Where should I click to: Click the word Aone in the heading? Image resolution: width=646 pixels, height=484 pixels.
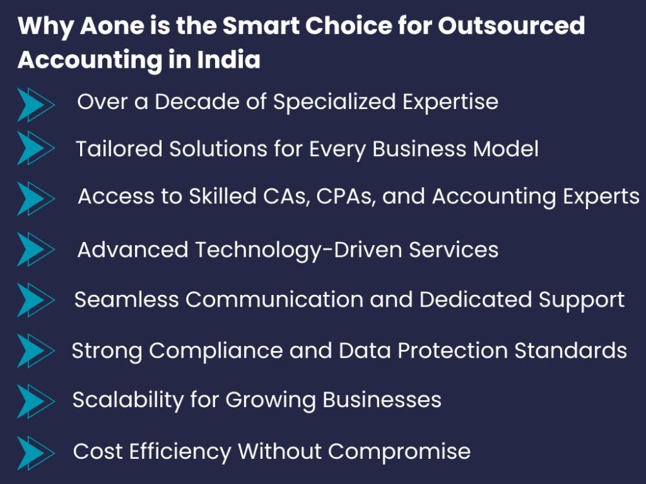coord(112,26)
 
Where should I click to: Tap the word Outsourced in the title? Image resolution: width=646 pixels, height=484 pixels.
coord(511,26)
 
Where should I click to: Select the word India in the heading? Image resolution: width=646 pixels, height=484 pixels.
coord(229,59)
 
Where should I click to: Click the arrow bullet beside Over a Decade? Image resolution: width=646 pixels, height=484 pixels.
coord(36,105)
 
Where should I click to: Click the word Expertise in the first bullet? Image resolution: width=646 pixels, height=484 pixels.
coord(450,103)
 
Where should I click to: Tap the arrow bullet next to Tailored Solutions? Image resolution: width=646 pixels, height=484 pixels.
coord(36,148)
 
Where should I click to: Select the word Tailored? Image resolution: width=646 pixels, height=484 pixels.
coord(120,148)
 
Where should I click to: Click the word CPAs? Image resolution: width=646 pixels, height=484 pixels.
coord(346,196)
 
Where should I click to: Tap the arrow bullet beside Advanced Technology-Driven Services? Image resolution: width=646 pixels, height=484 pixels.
coord(36,248)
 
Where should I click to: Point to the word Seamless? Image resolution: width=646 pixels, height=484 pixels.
coord(127,299)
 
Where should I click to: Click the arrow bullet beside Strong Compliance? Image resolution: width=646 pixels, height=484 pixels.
coord(36,350)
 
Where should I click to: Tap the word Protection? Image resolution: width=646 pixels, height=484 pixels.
coord(452,350)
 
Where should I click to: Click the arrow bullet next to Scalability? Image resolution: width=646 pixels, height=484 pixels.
coord(36,401)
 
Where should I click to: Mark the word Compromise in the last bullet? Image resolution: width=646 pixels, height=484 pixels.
coord(399,452)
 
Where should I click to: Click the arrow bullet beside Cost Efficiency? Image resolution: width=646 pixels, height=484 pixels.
coord(36,453)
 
